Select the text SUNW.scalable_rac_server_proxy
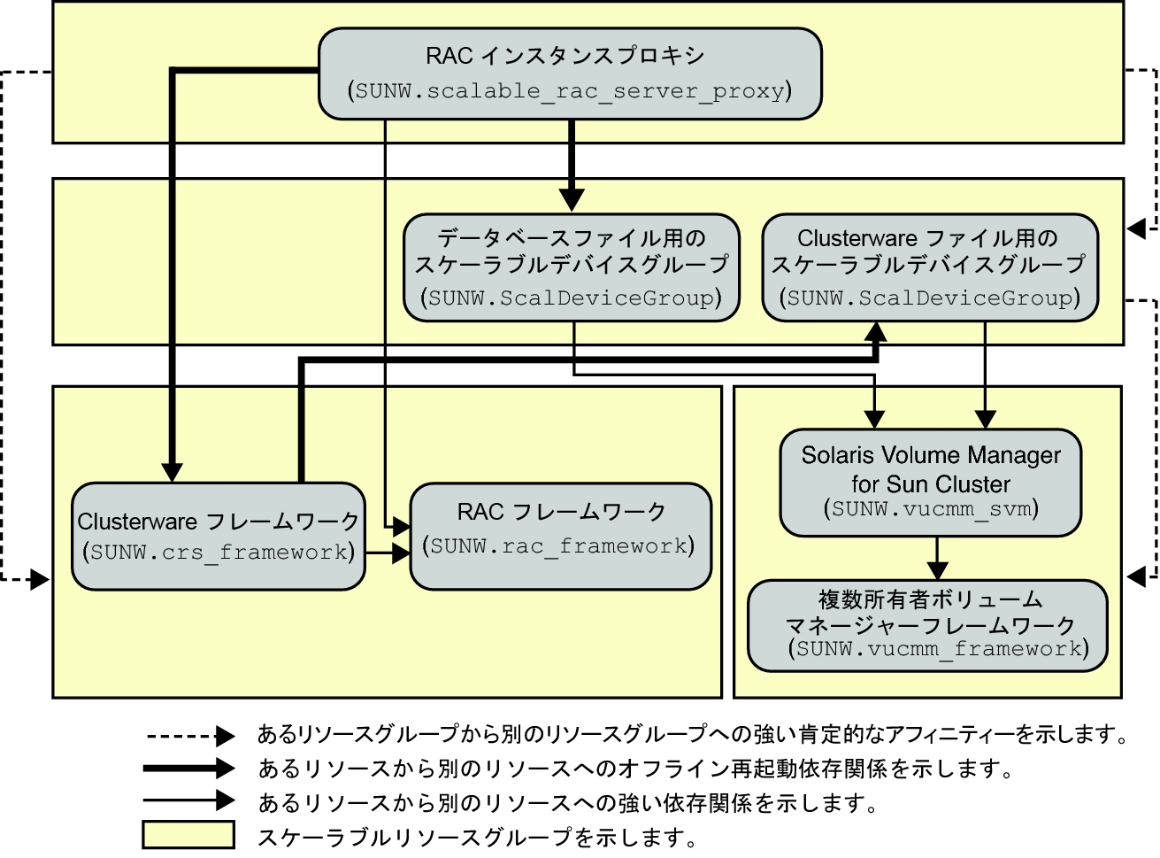[x=570, y=90]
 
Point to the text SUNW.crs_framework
[x=218, y=553]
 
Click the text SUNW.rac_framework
[x=559, y=545]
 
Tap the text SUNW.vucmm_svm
[x=931, y=509]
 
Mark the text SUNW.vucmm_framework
[x=938, y=649]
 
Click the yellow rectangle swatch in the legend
[x=188, y=836]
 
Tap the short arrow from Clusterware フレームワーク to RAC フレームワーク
[x=388, y=553]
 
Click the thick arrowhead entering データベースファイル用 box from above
[x=572, y=202]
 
